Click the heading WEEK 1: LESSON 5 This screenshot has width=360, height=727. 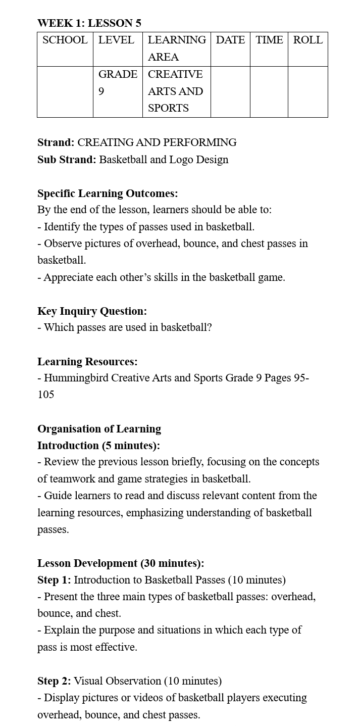point(89,23)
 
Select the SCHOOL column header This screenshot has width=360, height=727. point(65,40)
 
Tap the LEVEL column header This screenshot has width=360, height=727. point(116,40)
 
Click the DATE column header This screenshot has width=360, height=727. point(230,40)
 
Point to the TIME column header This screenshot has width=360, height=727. point(269,40)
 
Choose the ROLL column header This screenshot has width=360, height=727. point(308,40)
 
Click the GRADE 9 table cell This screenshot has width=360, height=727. point(117,83)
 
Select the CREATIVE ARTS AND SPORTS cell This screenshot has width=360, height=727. point(175,91)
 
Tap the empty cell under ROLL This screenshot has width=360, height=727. point(308,91)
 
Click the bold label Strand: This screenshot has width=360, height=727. point(56,142)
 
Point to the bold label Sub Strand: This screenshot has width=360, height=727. point(67,160)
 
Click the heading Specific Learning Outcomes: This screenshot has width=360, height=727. point(108,193)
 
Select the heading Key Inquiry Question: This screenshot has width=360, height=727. point(92,311)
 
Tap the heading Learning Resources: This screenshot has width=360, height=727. point(87,362)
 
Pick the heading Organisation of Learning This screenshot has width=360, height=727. point(99,429)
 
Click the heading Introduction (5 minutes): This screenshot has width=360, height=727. point(98,446)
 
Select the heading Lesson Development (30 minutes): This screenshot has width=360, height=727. point(121,563)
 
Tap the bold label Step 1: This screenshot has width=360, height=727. point(54,580)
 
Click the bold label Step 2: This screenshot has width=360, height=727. point(54,681)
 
